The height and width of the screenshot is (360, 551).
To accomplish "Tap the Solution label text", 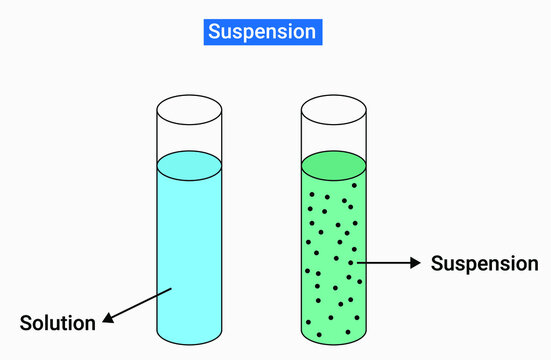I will coord(58,323).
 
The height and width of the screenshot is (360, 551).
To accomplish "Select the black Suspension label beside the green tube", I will coord(484,264).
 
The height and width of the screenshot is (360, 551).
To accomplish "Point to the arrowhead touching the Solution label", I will coord(106,318).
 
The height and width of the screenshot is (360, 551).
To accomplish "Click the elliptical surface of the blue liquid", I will coord(189,165).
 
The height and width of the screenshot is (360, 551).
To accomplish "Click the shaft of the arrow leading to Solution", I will coord(140,304).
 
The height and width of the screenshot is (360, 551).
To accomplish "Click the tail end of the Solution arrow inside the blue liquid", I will coord(172,289).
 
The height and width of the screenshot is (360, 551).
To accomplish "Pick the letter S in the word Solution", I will coord(26,323).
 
